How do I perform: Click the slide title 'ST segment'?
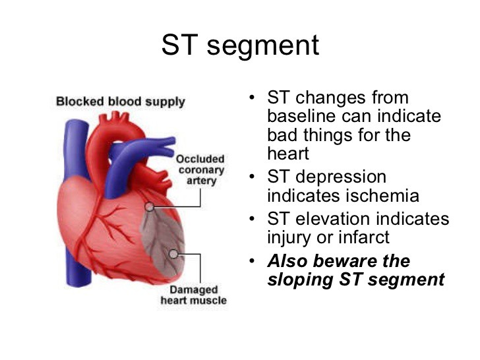pos(240,46)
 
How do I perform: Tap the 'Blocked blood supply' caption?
pos(121,102)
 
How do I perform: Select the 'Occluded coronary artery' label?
pos(200,169)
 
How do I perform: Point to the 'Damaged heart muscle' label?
pos(194,295)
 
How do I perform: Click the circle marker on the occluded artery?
pos(150,207)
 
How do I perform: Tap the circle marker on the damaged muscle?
pos(173,254)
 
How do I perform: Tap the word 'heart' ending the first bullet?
pos(288,153)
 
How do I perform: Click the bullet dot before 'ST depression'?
pos(252,177)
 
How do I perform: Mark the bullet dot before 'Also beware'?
pos(252,261)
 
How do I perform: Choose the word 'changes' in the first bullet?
pos(330,98)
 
